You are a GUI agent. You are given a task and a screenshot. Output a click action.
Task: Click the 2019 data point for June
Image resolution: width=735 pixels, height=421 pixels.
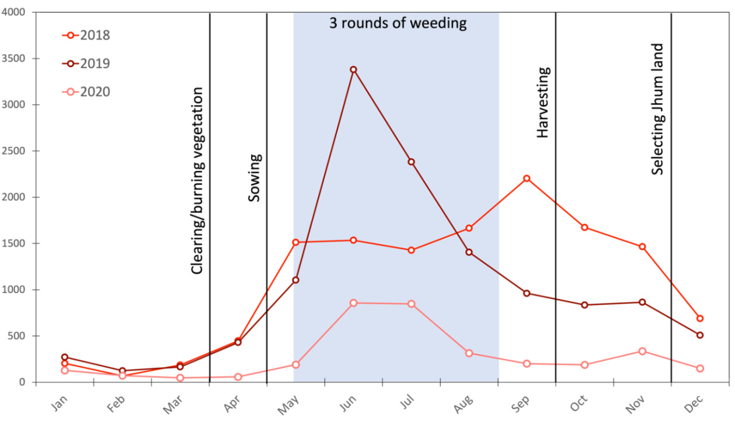pyautogui.click(x=353, y=69)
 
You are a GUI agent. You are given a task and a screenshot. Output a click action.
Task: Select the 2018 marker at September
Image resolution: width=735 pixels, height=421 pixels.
pyautogui.click(x=527, y=178)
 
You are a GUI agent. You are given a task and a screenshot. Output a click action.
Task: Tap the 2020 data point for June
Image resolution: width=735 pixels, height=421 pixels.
pyautogui.click(x=353, y=303)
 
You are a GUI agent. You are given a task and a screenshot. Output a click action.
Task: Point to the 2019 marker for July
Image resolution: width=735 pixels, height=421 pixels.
pyautogui.click(x=411, y=162)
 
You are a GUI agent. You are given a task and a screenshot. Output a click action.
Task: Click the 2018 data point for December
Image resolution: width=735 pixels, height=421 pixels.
pyautogui.click(x=700, y=318)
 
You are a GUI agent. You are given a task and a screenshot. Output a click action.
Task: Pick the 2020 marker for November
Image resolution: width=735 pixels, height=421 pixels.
pyautogui.click(x=642, y=351)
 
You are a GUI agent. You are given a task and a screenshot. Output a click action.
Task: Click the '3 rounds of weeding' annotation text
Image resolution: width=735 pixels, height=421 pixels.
pyautogui.click(x=398, y=23)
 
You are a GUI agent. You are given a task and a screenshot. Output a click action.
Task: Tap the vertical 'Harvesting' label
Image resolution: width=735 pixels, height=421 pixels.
pyautogui.click(x=543, y=103)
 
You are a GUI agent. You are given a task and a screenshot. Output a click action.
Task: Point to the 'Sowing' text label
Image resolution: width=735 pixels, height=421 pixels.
pyautogui.click(x=255, y=178)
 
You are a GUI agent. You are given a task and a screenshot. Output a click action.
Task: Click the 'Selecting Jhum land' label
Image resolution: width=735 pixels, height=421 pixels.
pyautogui.click(x=658, y=109)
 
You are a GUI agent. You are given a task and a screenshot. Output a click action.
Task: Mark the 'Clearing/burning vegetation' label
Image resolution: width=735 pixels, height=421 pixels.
pyautogui.click(x=198, y=180)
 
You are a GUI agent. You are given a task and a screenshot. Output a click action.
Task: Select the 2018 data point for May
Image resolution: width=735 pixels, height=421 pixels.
pyautogui.click(x=295, y=242)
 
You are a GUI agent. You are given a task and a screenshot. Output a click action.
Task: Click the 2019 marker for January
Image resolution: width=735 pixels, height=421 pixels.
pyautogui.click(x=64, y=357)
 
